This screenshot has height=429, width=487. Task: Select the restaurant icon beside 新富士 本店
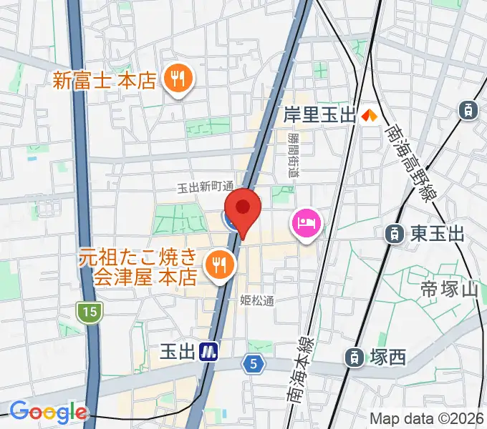[176, 79]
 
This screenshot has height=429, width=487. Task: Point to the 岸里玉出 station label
[319, 114]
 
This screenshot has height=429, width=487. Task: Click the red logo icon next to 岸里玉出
[370, 114]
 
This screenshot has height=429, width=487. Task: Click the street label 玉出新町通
[206, 187]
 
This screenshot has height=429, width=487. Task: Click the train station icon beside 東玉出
[393, 232]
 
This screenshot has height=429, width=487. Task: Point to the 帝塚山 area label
[449, 290]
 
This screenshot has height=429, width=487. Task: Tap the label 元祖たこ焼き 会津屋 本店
[138, 266]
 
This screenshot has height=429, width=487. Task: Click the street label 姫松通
[257, 301]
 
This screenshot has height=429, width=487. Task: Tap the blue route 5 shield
[253, 364]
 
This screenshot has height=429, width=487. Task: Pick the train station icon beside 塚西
[354, 357]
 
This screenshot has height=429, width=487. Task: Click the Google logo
[48, 412]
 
